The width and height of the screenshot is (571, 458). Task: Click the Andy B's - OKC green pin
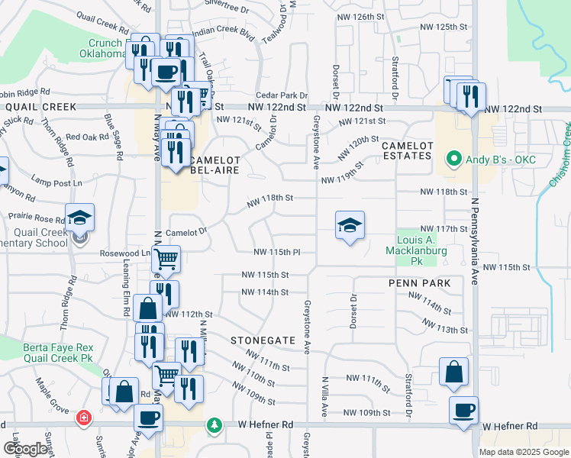click(x=453, y=160)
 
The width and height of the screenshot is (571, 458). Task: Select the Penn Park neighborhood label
click(x=420, y=283)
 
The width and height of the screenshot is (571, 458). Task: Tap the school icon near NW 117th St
click(x=350, y=225)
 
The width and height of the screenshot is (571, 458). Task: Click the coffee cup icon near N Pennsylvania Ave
click(x=463, y=410)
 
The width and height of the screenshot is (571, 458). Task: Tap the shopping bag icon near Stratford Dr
click(x=453, y=373)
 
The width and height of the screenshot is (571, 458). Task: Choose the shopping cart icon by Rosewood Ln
click(x=165, y=259)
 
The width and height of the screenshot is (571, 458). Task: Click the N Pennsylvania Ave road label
click(x=474, y=244)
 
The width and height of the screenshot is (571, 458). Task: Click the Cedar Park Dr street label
click(x=282, y=95)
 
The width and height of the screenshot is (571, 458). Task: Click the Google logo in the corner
click(x=24, y=449)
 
